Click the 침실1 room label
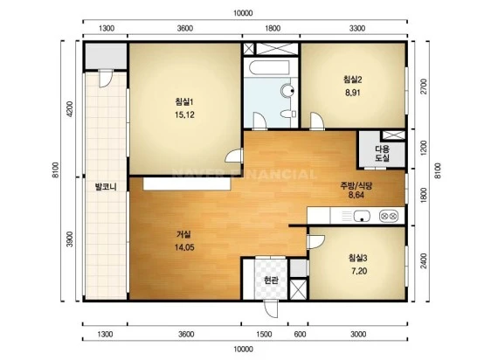[184, 102]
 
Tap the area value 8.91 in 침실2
[353, 93]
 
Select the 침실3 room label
[358, 258]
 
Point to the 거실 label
[183, 234]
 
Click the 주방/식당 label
[356, 186]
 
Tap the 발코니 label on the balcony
[106, 187]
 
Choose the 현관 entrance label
[271, 280]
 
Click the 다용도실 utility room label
[382, 153]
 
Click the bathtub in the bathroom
[270, 67]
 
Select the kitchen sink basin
[362, 216]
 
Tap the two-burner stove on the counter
[389, 216]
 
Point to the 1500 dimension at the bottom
[264, 335]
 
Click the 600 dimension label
[300, 335]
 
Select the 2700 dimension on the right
[424, 87]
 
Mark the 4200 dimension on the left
[70, 109]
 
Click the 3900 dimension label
[70, 239]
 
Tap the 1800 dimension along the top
[273, 29]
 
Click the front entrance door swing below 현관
[271, 309]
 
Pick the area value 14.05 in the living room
[184, 247]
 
